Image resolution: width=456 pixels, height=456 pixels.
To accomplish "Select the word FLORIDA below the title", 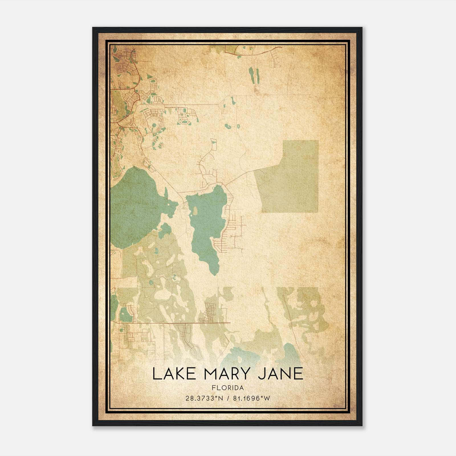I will point(228,388).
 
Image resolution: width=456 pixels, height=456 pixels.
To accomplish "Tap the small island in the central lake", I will point(195,211).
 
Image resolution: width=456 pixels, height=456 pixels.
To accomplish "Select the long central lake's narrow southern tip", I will point(214,269).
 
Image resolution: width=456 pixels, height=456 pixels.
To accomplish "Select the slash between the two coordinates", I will point(228,398).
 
